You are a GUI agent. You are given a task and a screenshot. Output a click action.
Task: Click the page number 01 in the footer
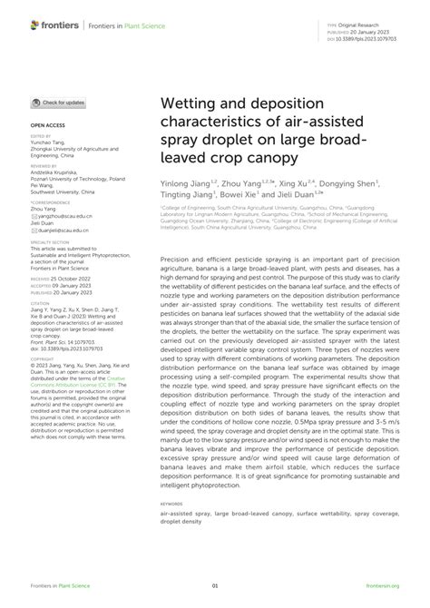pos(215,587)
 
